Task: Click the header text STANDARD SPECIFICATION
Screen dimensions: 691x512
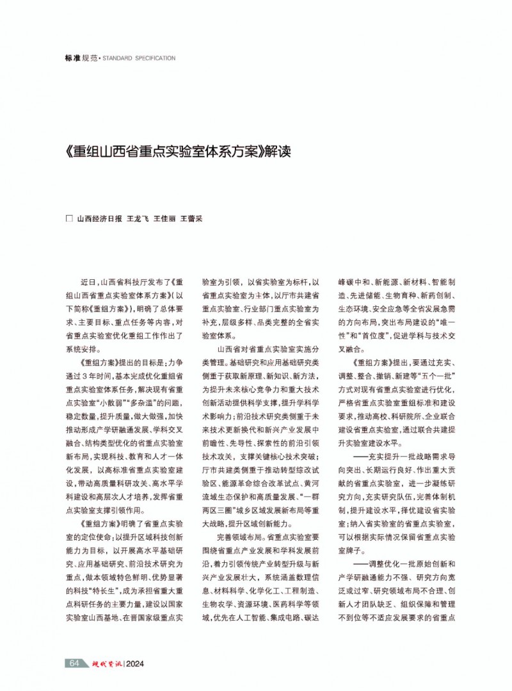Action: tap(144, 58)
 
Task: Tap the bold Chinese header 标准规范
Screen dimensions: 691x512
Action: tap(81, 58)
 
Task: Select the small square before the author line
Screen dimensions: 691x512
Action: tap(70, 218)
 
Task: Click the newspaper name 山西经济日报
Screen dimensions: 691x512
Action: tap(99, 218)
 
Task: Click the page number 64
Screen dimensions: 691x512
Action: tap(74, 663)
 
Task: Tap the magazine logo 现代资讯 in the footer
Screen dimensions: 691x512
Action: tap(106, 663)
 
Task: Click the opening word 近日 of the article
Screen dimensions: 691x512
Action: tap(88, 282)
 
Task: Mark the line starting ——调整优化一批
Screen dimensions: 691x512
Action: tap(397, 564)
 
